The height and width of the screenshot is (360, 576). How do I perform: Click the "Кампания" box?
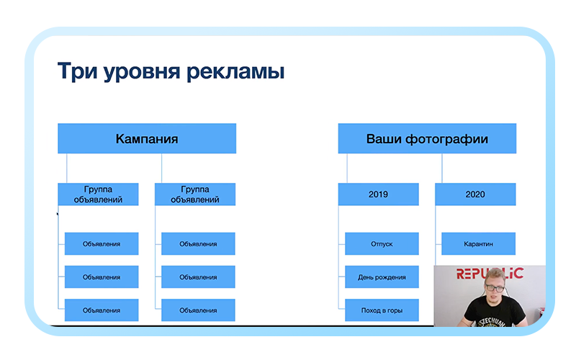click(x=147, y=138)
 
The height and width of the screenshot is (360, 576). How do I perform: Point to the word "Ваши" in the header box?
click(x=384, y=138)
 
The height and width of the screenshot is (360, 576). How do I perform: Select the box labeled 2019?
click(x=378, y=194)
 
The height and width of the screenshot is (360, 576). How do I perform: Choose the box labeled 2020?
click(x=475, y=194)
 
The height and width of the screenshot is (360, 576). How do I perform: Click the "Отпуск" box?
click(x=382, y=244)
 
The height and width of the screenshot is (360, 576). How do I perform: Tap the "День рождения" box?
click(x=382, y=277)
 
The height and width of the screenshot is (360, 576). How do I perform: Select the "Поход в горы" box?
click(x=382, y=310)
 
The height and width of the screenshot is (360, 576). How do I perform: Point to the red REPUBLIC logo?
click(x=490, y=274)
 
